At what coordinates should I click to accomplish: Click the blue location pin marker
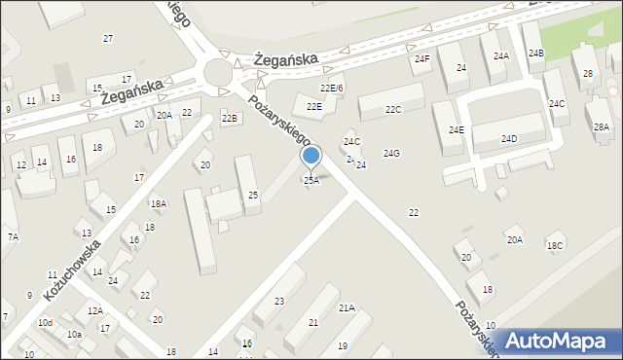click(x=311, y=157)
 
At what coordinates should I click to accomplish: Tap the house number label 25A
click(x=311, y=180)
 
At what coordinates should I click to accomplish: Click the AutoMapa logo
click(x=557, y=341)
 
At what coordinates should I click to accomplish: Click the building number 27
click(x=108, y=38)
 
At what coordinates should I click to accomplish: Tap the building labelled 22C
click(x=392, y=109)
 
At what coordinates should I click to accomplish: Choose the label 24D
click(x=509, y=139)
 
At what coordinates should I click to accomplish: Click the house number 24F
click(x=421, y=59)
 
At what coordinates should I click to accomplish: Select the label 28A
click(x=602, y=127)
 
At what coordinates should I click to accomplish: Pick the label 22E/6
click(x=332, y=89)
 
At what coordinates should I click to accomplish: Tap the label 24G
click(x=391, y=154)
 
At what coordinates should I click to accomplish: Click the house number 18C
click(x=555, y=246)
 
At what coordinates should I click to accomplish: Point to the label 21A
click(x=347, y=307)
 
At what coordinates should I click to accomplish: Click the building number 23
click(x=279, y=302)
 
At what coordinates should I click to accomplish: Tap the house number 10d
click(x=45, y=322)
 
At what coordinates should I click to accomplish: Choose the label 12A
click(x=94, y=310)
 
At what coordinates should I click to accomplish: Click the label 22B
click(x=229, y=119)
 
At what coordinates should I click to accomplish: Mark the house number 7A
click(x=13, y=236)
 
